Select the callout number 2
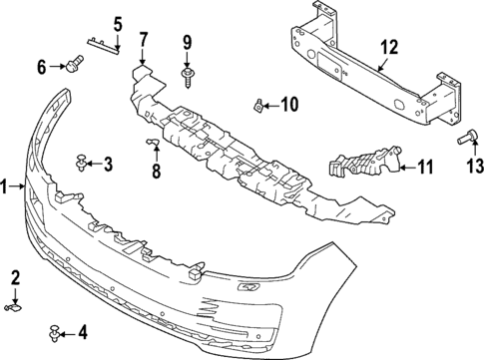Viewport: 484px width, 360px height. (x=16, y=276)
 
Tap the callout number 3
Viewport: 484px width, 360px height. (x=109, y=164)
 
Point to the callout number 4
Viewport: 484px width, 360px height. (x=83, y=332)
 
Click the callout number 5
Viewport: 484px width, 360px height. (x=117, y=23)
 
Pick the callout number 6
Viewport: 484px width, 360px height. (x=42, y=67)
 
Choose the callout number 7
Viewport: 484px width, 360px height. (x=144, y=40)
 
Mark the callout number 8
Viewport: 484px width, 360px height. (x=156, y=171)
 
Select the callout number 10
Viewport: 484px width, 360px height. (x=289, y=104)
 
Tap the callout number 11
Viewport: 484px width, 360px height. (x=425, y=168)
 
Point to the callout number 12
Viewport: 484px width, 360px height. (x=387, y=45)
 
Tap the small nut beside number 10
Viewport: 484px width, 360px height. (x=259, y=104)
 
